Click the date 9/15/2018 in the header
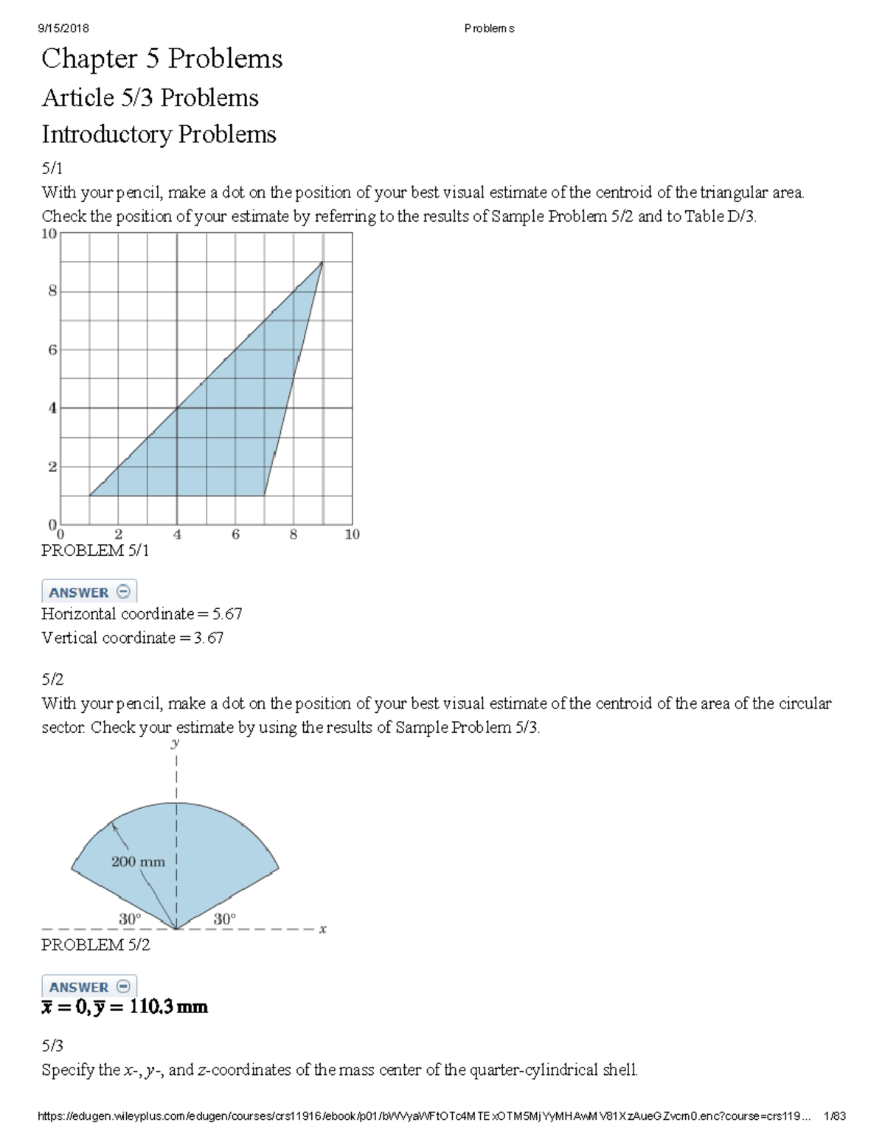[x=63, y=28]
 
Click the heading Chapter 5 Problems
[x=162, y=59]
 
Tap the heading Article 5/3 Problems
[x=150, y=97]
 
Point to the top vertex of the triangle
[x=322, y=262]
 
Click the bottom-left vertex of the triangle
[x=89, y=495]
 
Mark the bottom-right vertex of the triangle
[x=264, y=495]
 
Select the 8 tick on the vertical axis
[x=52, y=291]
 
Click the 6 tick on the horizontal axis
[x=235, y=535]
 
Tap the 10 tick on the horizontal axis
[x=352, y=535]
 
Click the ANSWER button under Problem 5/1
[x=88, y=592]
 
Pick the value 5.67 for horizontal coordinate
[x=227, y=614]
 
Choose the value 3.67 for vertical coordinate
[x=209, y=638]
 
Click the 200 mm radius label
[x=138, y=861]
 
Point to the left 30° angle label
[x=130, y=919]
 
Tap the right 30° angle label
[x=224, y=919]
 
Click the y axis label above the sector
[x=176, y=742]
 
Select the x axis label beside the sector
[x=323, y=929]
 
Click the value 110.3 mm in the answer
[x=168, y=1007]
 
